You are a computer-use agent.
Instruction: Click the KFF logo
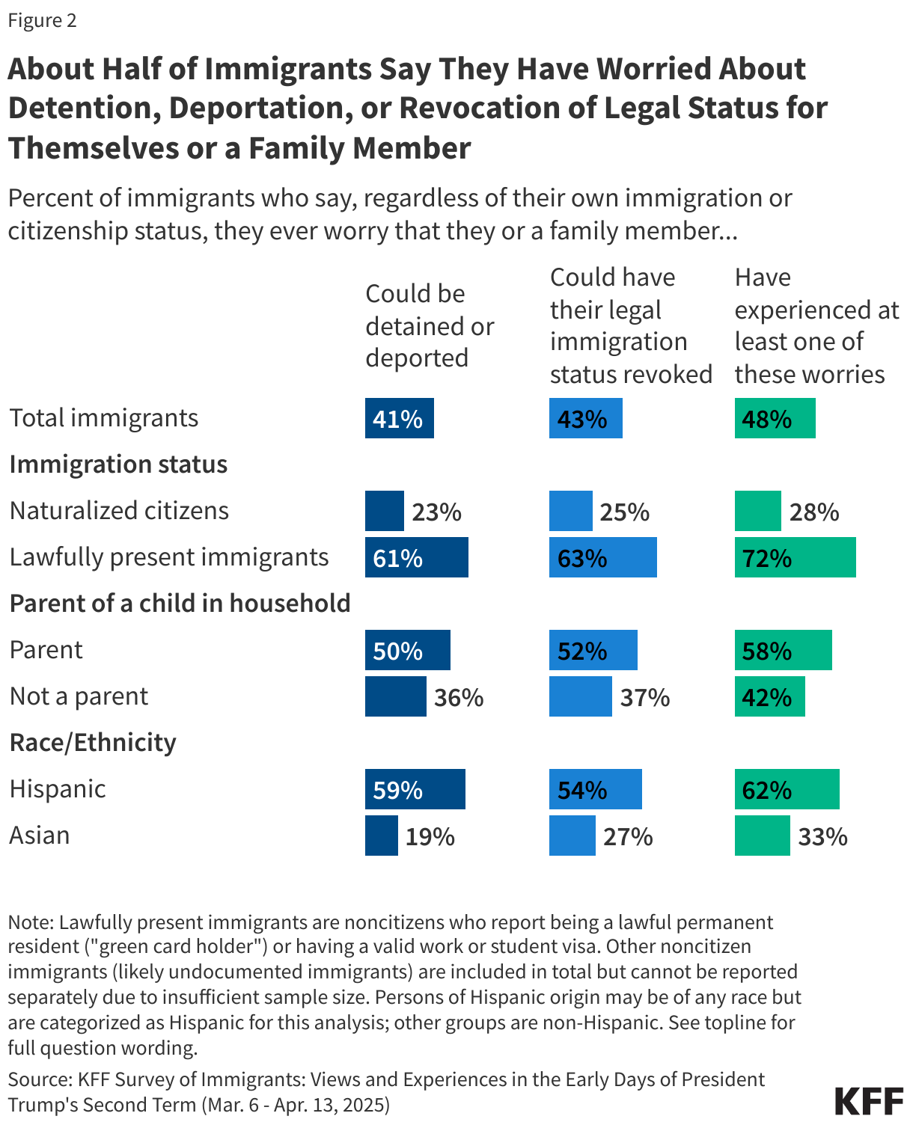point(869,1101)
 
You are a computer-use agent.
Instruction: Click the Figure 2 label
point(42,20)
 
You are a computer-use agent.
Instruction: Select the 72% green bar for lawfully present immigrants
point(795,557)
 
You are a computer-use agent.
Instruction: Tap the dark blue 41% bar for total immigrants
point(399,418)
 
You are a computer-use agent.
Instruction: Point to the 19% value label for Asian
point(430,836)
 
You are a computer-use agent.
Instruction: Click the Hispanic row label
point(58,789)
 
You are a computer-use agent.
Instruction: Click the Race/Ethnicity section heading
point(93,743)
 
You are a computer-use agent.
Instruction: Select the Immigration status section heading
point(118,465)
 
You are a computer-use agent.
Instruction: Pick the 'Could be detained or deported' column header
point(429,326)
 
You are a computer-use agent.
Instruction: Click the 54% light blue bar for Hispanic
point(595,789)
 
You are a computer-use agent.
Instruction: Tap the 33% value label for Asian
point(822,836)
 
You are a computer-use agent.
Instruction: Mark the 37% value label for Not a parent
point(644,697)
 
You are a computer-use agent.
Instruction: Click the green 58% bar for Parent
point(783,650)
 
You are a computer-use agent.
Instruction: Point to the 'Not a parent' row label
point(79,696)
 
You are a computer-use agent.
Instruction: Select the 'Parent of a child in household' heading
point(180,604)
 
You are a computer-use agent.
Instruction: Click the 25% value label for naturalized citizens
point(624,512)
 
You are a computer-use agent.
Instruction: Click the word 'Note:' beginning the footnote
point(31,922)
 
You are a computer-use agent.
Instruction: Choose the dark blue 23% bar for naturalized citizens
point(384,511)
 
